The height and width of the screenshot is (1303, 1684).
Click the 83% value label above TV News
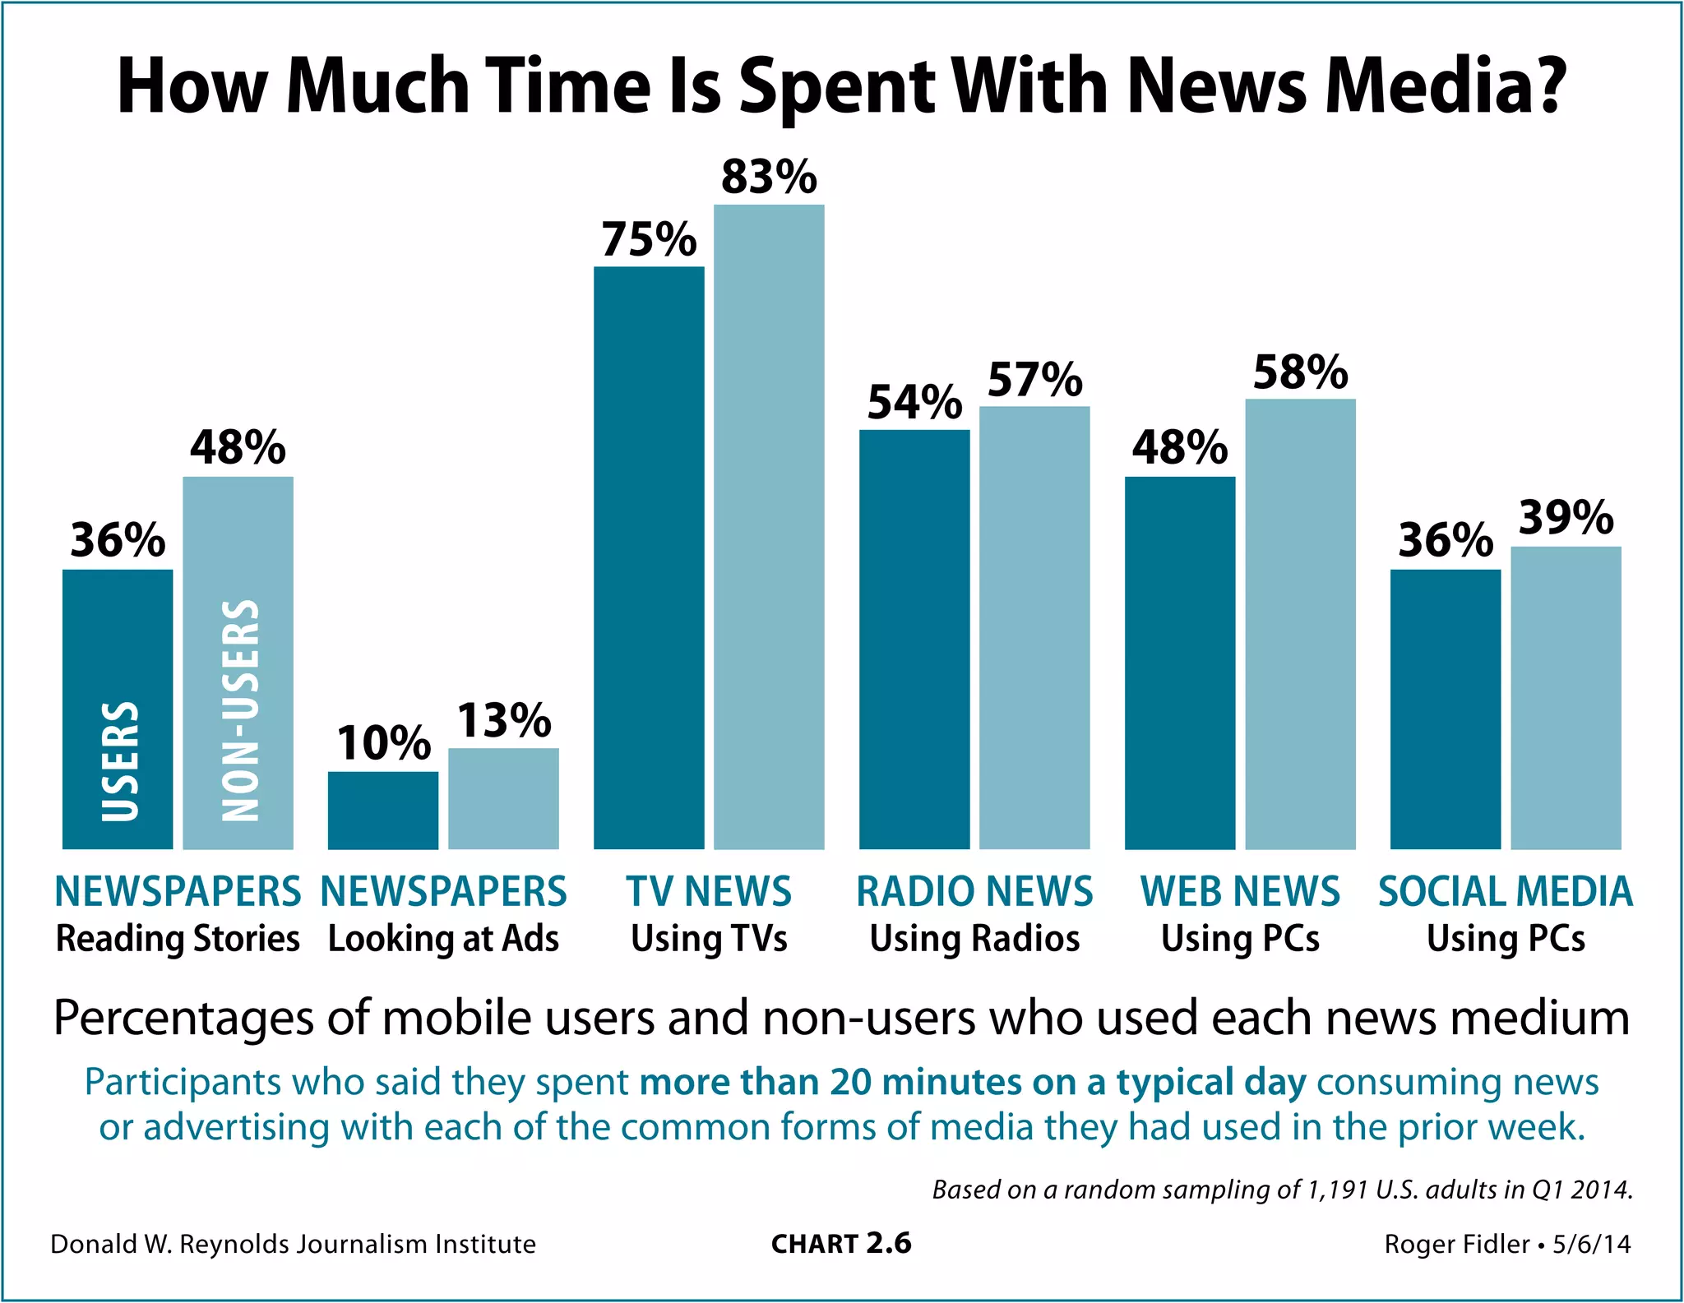tap(769, 177)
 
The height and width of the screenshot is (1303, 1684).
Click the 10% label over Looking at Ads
tap(383, 743)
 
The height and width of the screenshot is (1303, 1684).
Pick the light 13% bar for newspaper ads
tap(503, 798)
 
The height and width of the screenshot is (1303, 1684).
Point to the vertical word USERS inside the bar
tap(120, 761)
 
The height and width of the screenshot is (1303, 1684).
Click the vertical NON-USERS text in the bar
tap(241, 710)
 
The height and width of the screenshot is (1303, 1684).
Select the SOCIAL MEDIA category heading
tap(1505, 892)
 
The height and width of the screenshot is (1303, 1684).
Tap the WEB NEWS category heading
tap(1240, 892)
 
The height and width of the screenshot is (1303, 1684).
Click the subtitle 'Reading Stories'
tap(178, 939)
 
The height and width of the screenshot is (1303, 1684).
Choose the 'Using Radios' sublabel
tap(974, 939)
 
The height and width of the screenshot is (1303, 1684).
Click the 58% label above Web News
tap(1300, 372)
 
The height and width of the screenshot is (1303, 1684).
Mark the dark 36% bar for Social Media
tap(1445, 709)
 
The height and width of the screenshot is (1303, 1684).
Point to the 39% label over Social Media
tap(1566, 518)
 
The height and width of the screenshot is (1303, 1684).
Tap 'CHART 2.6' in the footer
tap(841, 1244)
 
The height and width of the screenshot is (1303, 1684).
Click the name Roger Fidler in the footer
tap(1456, 1244)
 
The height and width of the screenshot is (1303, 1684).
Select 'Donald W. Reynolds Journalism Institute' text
tap(293, 1244)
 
